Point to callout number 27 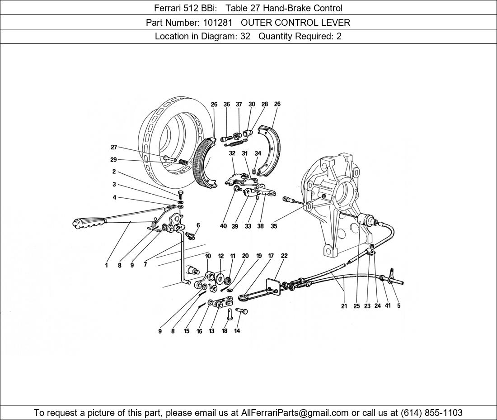click(114, 147)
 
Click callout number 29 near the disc click(113, 159)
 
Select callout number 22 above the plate click(284, 256)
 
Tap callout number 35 click(274, 226)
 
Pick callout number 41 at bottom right click(388, 305)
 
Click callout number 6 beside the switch click(198, 225)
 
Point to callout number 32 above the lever click(232, 153)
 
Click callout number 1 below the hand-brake click(107, 265)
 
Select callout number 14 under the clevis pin click(237, 331)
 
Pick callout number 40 click(223, 226)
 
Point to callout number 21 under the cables click(344, 306)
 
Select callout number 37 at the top click(239, 104)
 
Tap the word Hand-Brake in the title click(287, 8)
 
